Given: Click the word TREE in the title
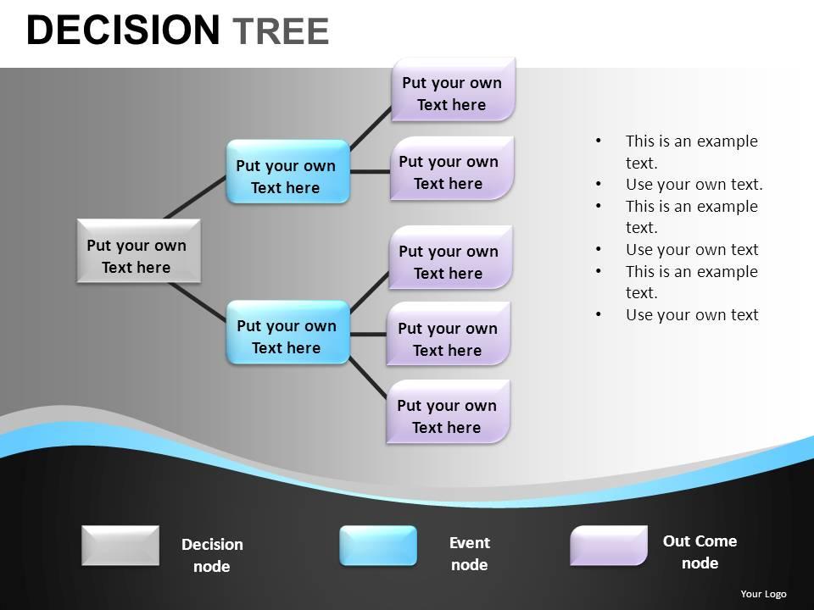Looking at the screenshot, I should pos(280,31).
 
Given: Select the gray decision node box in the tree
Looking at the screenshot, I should pos(138,251).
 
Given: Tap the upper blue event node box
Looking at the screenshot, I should pos(287,172).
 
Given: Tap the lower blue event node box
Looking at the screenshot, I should pos(287,332).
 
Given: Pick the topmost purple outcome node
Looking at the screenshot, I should pos(453,90).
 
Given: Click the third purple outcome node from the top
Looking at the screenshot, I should pos(450,258).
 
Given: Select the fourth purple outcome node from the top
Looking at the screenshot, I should pos(449,334).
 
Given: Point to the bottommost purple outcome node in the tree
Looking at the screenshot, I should pos(448,412).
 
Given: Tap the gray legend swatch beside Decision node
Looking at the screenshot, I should pos(120,546).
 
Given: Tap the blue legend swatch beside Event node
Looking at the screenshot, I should pos(378,546).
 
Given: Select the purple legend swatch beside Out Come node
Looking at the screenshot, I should pos(608,546).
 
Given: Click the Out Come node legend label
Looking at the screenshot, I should pos(700,552).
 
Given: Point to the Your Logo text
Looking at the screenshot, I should pos(763,594).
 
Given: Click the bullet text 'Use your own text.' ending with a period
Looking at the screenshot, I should pos(694,185).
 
